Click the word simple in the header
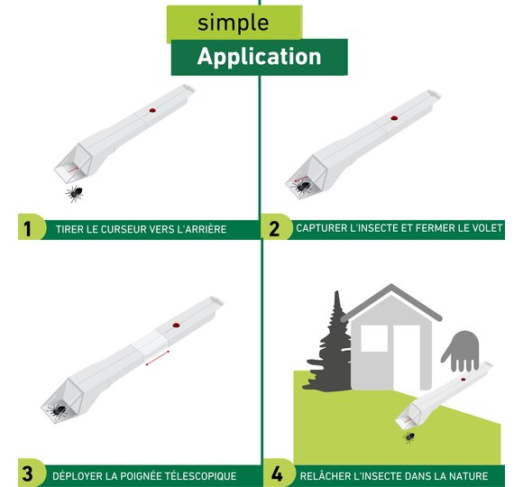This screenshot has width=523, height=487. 234,23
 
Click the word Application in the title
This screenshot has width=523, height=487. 259,57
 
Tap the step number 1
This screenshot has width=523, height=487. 27,229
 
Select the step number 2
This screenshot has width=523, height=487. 274,229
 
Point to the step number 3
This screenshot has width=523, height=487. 28,474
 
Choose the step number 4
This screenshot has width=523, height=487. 277,474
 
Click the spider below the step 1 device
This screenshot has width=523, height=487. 74,194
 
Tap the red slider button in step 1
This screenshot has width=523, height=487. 152,110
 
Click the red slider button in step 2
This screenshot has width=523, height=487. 394,118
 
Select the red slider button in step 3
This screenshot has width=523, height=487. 176,326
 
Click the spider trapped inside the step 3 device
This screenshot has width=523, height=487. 57,410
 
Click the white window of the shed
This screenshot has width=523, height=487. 374,338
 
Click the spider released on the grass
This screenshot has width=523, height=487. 408,436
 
